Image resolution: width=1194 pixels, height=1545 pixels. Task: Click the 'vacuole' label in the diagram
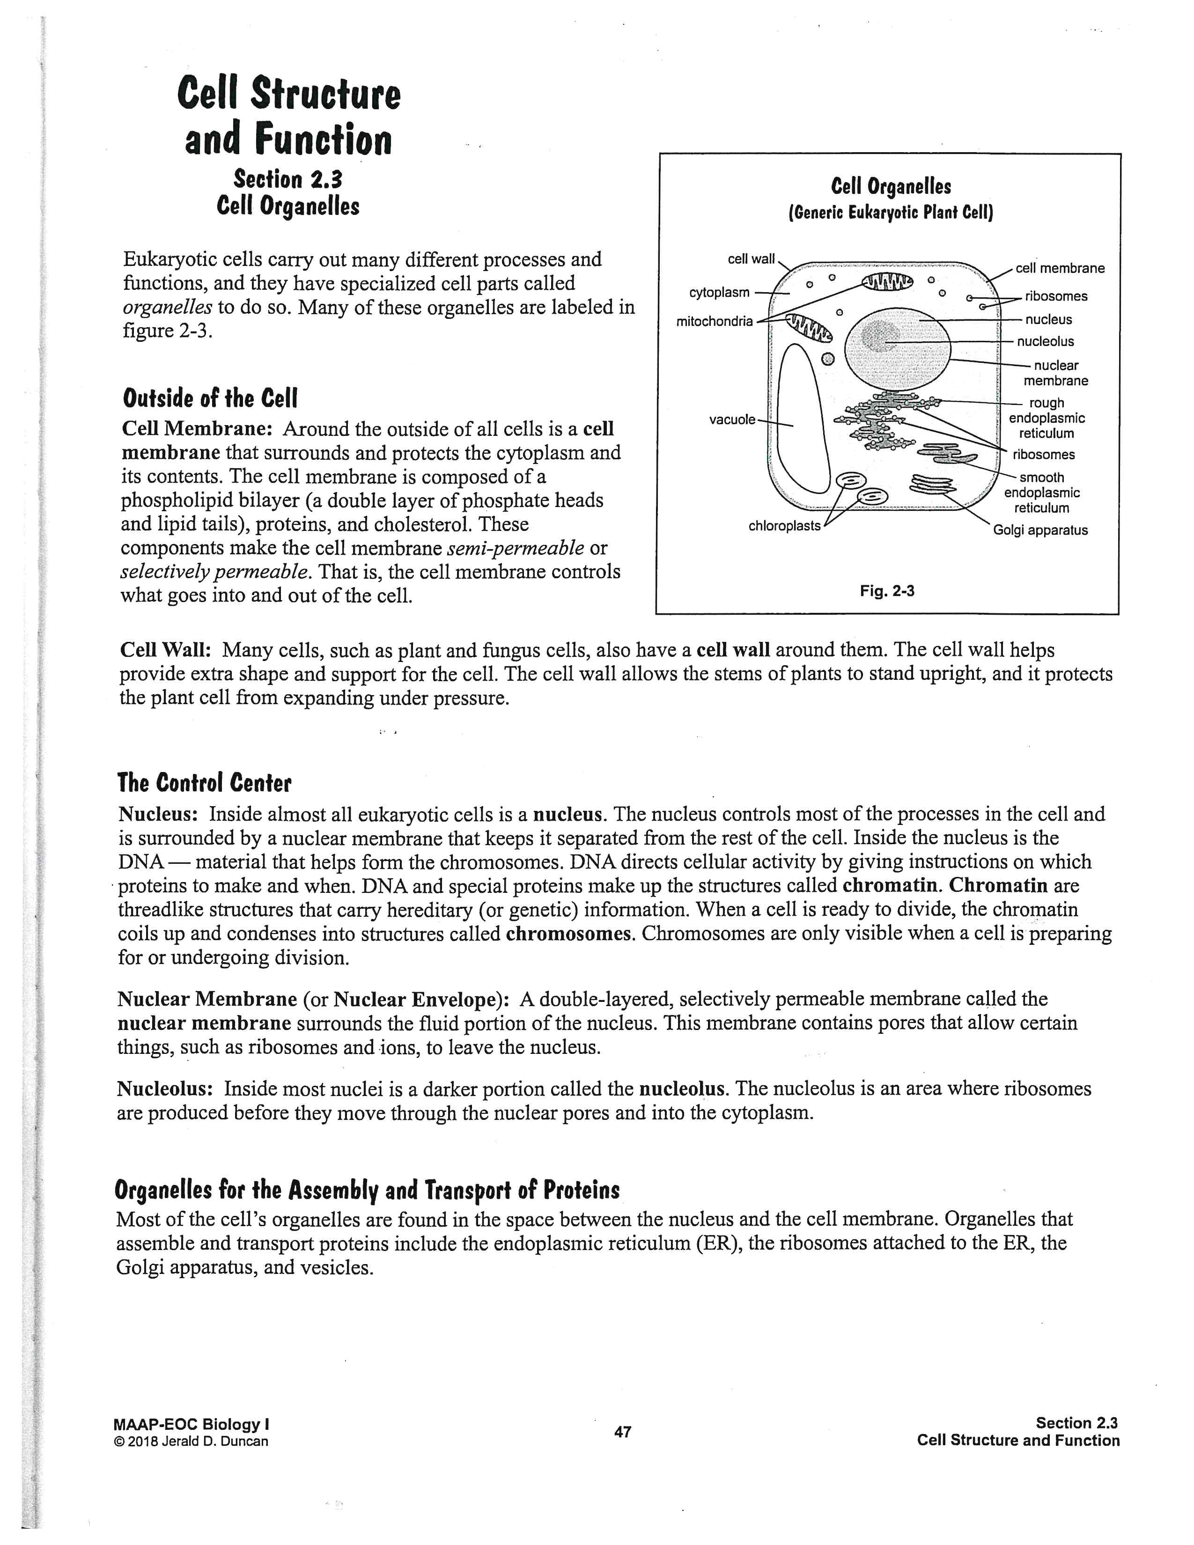[x=732, y=419]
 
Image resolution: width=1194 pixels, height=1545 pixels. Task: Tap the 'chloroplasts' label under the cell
[x=784, y=526]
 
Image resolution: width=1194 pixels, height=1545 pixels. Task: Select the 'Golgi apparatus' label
[x=1040, y=530]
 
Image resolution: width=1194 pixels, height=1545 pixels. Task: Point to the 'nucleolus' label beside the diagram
[x=1045, y=342]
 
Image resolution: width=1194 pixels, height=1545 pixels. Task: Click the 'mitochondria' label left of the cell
[x=715, y=321]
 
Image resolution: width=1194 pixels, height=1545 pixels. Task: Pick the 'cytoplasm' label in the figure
[x=719, y=292]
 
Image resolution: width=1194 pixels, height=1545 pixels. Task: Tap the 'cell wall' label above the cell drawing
[x=751, y=259]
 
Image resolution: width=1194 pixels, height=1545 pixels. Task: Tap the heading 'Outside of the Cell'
[x=210, y=398]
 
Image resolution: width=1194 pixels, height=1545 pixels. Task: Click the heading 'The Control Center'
[x=205, y=783]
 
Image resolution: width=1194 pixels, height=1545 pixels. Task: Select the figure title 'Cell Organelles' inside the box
[x=891, y=187]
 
